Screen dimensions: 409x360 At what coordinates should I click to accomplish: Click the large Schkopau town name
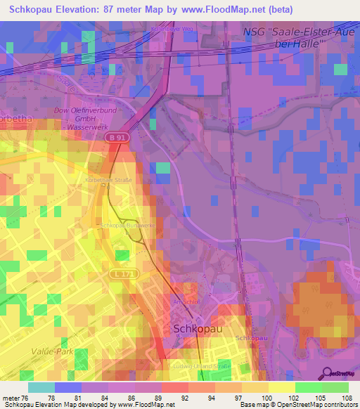point(196,329)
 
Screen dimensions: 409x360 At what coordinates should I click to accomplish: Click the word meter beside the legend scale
point(13,398)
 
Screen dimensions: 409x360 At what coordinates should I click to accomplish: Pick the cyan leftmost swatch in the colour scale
point(41,387)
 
